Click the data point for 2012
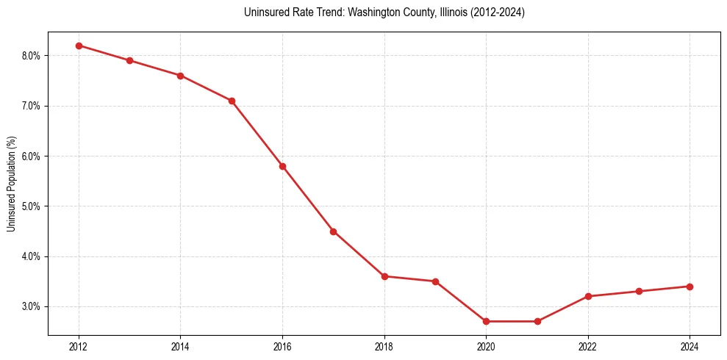(79, 46)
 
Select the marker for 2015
(232, 101)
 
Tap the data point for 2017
(333, 231)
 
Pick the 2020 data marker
(486, 321)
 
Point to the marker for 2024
(690, 287)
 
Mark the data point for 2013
(129, 60)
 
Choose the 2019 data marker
(435, 281)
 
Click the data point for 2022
(588, 296)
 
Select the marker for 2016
(282, 166)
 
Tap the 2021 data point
(537, 321)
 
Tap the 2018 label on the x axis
(384, 346)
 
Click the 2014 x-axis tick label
(180, 346)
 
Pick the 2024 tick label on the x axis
(690, 346)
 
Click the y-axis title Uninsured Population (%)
(11, 184)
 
